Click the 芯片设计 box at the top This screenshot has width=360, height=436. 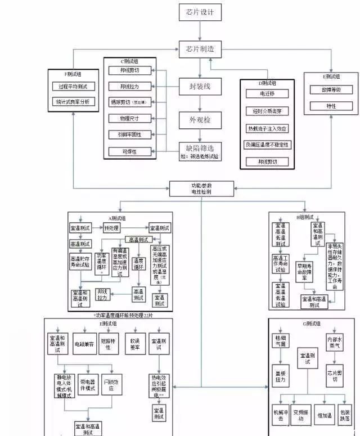[200, 12]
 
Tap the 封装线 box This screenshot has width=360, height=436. [200, 87]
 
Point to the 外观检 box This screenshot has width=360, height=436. [200, 120]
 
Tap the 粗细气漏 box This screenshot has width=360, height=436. [280, 342]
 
